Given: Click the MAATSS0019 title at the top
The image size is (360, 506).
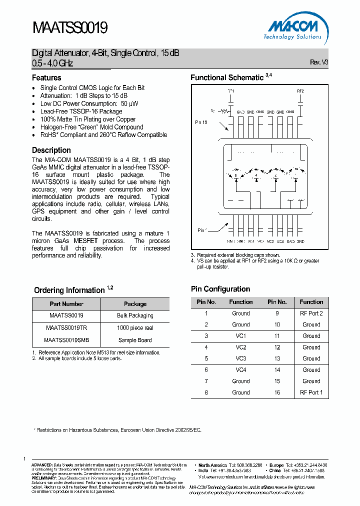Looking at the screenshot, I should (70, 27).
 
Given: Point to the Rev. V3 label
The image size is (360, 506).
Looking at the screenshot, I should (319, 62).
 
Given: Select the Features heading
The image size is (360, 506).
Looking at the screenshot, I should (46, 78).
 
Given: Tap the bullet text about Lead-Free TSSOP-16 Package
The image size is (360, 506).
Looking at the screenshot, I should (81, 111).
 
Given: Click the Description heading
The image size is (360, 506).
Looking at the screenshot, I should (51, 150).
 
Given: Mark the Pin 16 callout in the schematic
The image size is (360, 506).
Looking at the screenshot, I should (200, 122).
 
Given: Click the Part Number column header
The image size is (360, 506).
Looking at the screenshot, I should (66, 304).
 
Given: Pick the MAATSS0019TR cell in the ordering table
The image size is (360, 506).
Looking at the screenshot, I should (66, 328).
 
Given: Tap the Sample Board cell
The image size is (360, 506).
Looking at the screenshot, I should (135, 340).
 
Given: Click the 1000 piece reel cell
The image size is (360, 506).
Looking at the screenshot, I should (135, 328).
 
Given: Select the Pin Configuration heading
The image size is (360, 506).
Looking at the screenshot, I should (220, 289).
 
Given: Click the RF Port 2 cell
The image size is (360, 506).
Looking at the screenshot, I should (311, 313).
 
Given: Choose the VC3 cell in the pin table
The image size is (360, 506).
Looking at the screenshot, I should (240, 358).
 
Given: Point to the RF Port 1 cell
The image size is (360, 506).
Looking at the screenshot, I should (311, 392).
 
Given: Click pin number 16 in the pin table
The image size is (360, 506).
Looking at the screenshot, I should (277, 392).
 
